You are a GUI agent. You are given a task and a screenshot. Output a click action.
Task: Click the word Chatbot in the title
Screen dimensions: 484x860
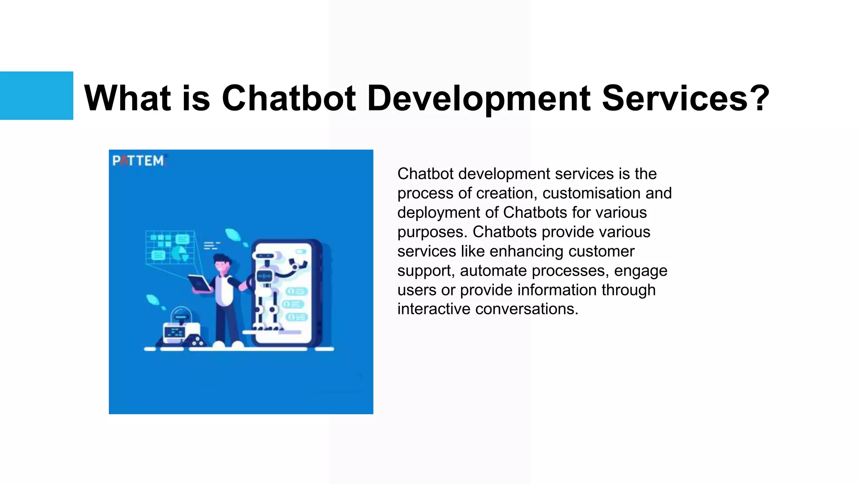pyautogui.click(x=288, y=98)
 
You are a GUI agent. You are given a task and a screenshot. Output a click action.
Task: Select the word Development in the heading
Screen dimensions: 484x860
pyautogui.click(x=479, y=98)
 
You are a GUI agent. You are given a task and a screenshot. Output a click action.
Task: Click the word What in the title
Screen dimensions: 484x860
pyautogui.click(x=127, y=98)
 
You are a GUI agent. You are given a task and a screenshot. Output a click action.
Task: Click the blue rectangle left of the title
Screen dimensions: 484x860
pyautogui.click(x=37, y=95)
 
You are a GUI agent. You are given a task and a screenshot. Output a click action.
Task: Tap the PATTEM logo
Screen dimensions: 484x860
pyautogui.click(x=139, y=161)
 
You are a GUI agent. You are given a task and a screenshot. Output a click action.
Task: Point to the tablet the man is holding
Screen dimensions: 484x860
pyautogui.click(x=199, y=283)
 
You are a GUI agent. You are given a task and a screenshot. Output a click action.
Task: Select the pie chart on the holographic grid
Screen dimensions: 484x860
pyautogui.click(x=180, y=253)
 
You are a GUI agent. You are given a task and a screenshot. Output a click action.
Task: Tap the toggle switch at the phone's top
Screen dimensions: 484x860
pyautogui.click(x=301, y=252)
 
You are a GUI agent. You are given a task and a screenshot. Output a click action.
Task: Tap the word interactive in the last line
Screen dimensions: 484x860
pyautogui.click(x=434, y=309)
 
